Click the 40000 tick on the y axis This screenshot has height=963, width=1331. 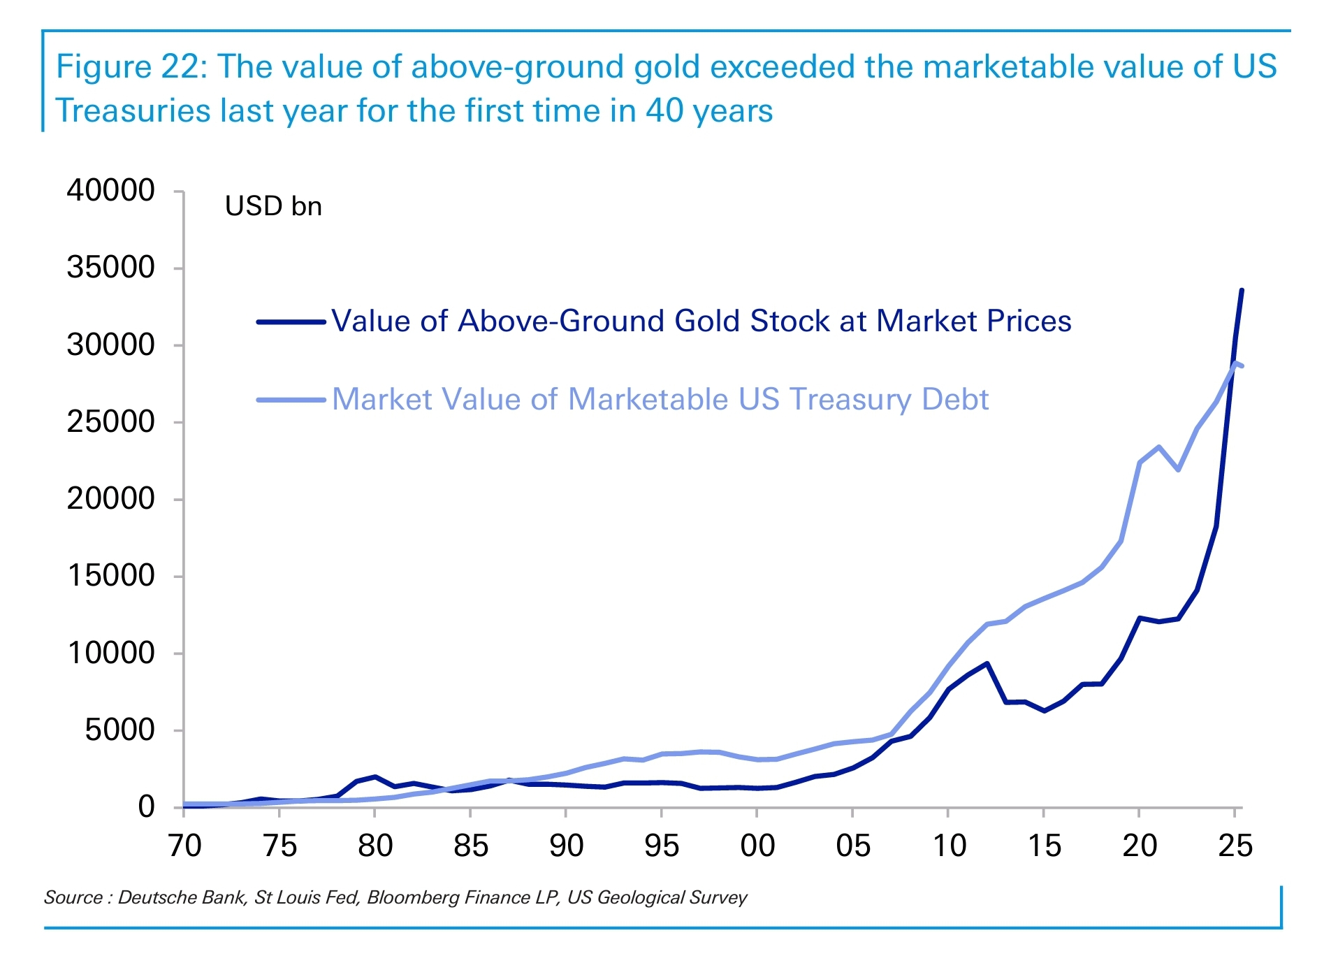[x=110, y=190]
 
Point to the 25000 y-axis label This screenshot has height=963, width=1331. [x=110, y=421]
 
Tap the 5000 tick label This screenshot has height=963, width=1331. [x=119, y=730]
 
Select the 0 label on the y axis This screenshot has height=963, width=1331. [x=146, y=806]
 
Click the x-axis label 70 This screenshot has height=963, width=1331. [x=184, y=846]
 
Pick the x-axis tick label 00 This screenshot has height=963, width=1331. [x=757, y=846]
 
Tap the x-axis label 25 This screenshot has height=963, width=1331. [x=1235, y=846]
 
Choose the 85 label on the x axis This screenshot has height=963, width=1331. [x=470, y=846]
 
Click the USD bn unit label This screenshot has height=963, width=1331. [x=273, y=206]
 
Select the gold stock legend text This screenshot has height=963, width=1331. [x=701, y=321]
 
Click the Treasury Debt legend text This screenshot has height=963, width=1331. [x=660, y=400]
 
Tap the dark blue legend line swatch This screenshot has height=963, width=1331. [x=291, y=322]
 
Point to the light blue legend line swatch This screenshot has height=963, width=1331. [x=291, y=400]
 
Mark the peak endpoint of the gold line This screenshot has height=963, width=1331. [x=1242, y=290]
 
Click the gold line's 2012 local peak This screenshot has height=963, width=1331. [x=987, y=663]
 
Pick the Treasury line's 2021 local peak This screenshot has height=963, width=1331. [x=1158, y=447]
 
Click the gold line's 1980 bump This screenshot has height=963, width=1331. [x=375, y=776]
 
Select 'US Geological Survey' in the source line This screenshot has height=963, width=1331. [x=657, y=897]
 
